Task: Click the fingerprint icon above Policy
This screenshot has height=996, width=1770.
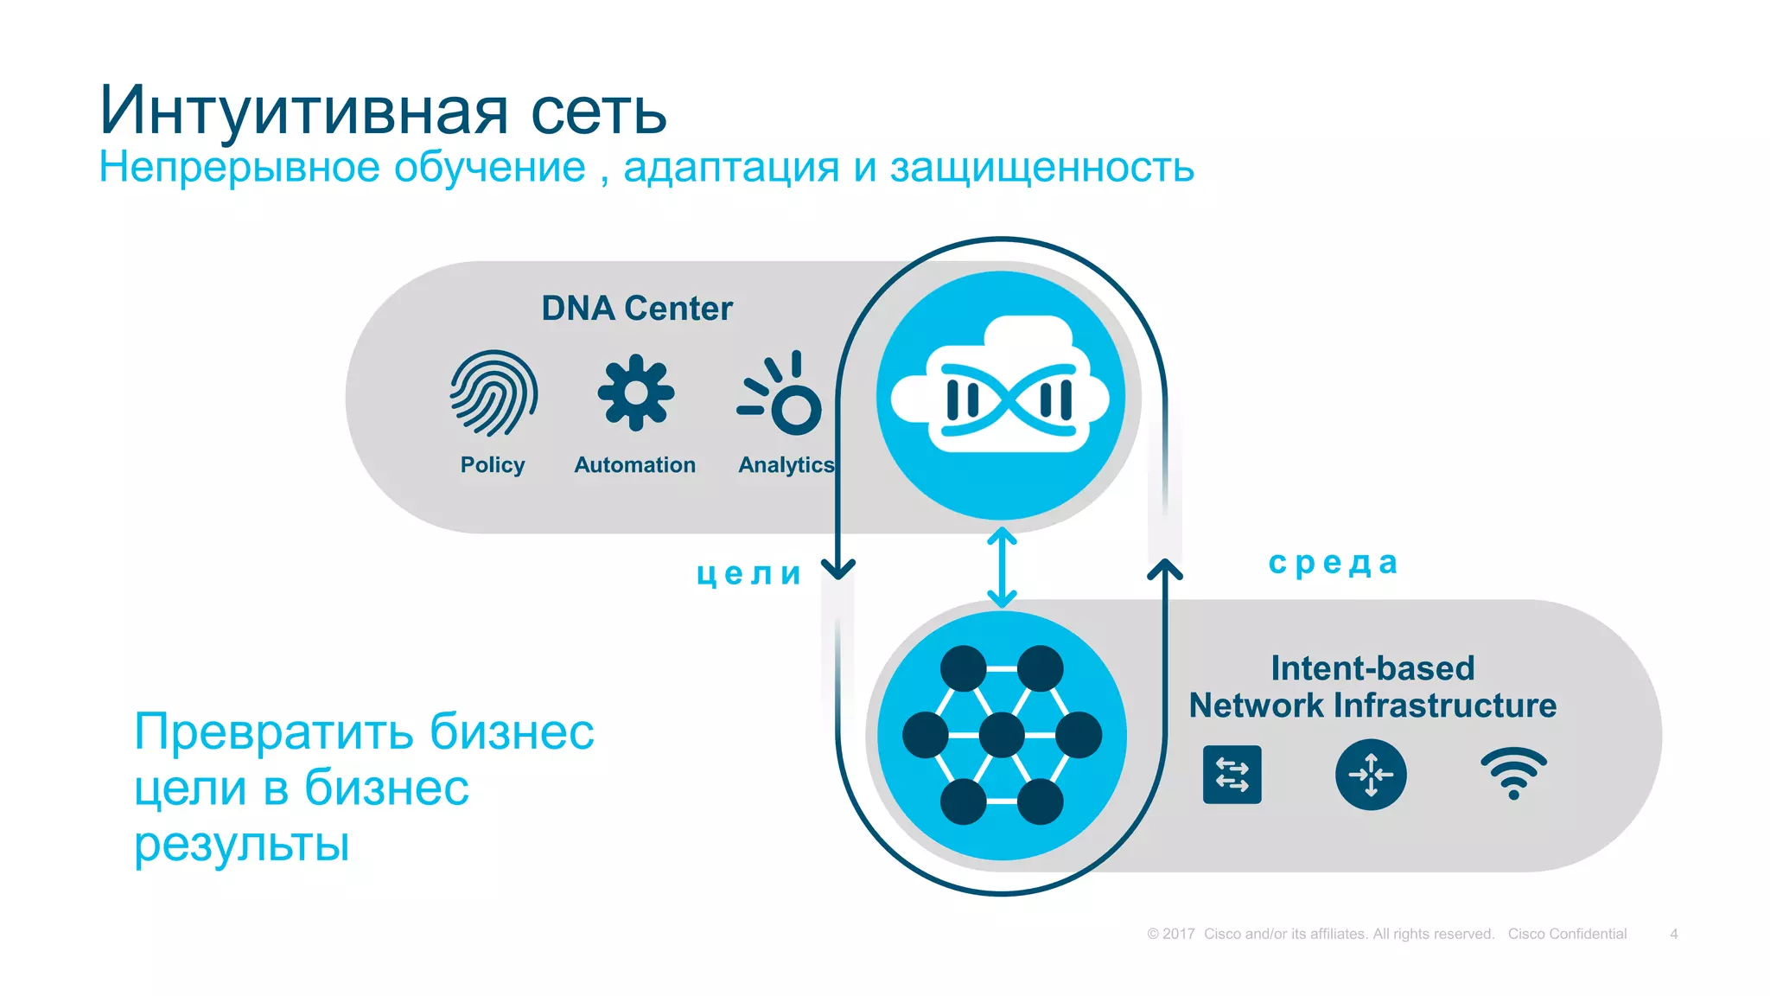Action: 493,393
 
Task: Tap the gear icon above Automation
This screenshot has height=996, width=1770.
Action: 635,393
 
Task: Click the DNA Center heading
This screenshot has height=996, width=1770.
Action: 637,309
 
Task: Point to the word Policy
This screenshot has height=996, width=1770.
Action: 493,465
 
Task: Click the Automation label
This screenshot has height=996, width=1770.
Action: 635,465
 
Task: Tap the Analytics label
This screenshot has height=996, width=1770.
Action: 786,465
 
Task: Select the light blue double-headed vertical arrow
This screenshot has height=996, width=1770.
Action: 1002,567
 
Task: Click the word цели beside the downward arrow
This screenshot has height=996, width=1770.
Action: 749,573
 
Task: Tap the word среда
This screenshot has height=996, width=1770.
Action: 1333,563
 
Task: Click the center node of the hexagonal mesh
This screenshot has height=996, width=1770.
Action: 1002,735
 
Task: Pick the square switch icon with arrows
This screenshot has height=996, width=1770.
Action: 1232,775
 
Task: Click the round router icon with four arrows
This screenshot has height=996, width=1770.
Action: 1371,775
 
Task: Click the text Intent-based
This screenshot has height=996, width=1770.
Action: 1372,668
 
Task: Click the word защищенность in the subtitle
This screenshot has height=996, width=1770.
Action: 1041,168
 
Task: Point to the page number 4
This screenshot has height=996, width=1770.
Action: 1674,934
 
